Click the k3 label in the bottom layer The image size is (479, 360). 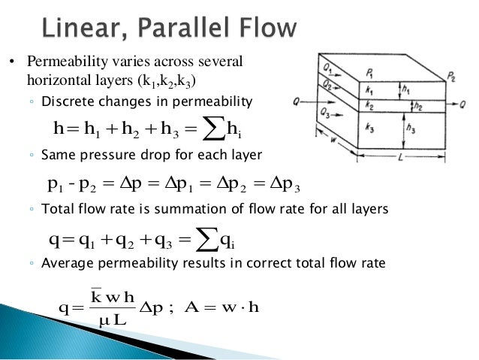click(x=369, y=128)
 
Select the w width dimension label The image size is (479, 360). click(x=333, y=140)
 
